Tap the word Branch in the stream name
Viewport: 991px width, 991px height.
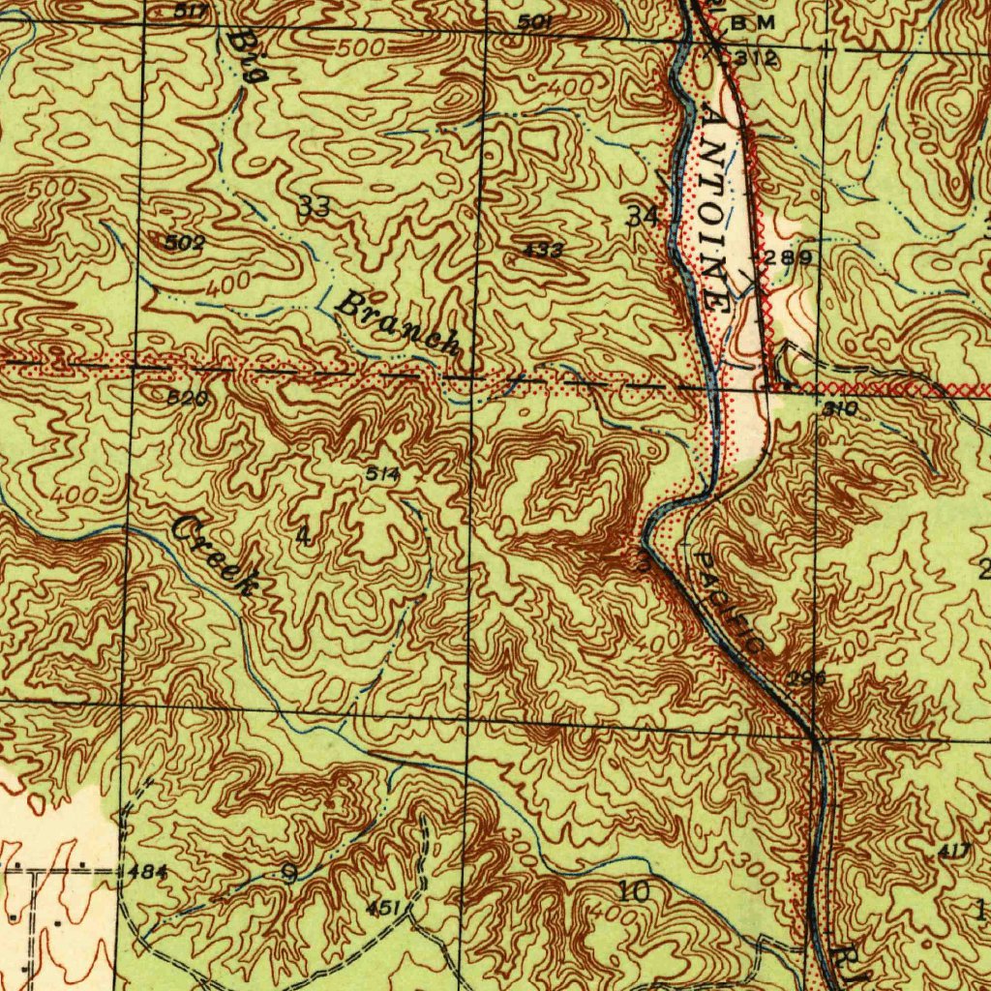point(396,323)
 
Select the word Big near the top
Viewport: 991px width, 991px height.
point(246,56)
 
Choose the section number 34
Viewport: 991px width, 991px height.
point(642,216)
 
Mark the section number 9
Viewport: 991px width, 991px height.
point(288,874)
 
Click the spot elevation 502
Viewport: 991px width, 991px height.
point(184,243)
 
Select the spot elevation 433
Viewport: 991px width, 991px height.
point(543,250)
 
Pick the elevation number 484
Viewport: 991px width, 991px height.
point(147,872)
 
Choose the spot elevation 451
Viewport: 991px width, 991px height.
point(384,907)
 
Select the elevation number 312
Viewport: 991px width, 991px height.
point(754,58)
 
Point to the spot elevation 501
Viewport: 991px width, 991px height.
point(534,21)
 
